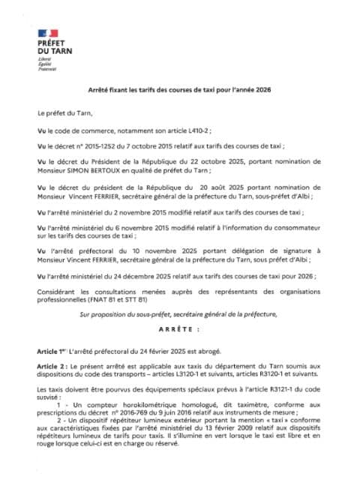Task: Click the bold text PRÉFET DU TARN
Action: [61, 47]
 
